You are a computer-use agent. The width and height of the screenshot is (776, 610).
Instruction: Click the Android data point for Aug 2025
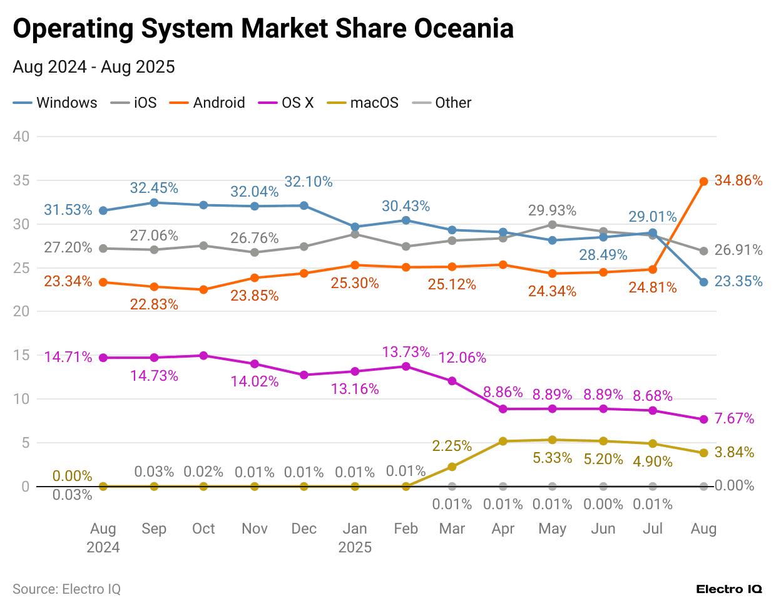coord(703,182)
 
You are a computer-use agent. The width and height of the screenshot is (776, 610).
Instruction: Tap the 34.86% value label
coord(738,180)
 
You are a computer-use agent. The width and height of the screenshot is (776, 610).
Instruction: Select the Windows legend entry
coord(56,103)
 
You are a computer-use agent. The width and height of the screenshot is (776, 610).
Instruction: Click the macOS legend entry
coord(363,103)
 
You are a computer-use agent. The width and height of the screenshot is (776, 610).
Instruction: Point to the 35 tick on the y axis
coord(21,180)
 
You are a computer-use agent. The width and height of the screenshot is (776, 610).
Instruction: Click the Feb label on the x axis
coord(406,529)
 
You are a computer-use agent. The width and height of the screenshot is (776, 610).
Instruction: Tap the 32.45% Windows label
coord(154,188)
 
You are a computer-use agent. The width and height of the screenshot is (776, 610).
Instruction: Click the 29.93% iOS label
coord(552,210)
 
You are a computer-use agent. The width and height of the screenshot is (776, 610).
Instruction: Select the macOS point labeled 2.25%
coord(452,467)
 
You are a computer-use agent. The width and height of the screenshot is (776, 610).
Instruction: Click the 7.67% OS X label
coord(734,418)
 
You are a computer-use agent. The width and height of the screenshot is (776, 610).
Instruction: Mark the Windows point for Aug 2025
coord(703,282)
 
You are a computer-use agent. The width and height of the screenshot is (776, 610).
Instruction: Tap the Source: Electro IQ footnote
coord(66,589)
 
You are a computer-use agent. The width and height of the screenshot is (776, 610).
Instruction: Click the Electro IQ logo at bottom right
coord(728,589)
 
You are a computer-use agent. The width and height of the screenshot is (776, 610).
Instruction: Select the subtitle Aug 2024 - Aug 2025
coord(94,67)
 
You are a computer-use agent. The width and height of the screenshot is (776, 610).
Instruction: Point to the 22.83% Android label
coord(154,304)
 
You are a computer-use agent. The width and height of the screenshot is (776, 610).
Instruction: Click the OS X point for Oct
coord(203,356)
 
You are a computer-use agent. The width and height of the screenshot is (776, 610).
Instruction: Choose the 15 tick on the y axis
coord(21,355)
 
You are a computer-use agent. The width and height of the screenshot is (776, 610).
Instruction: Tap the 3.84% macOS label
coord(734,452)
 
